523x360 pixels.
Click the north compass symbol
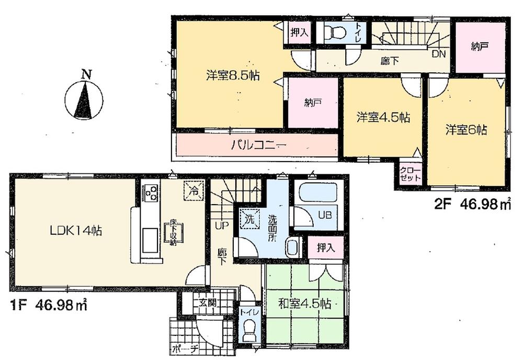(x=84, y=98)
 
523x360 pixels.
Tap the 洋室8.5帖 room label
(x=233, y=75)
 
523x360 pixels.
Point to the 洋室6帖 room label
(x=467, y=129)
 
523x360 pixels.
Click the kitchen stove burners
(x=151, y=193)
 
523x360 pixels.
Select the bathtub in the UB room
(x=314, y=192)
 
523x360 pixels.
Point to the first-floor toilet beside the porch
(x=248, y=329)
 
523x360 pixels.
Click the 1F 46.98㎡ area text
(x=48, y=303)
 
